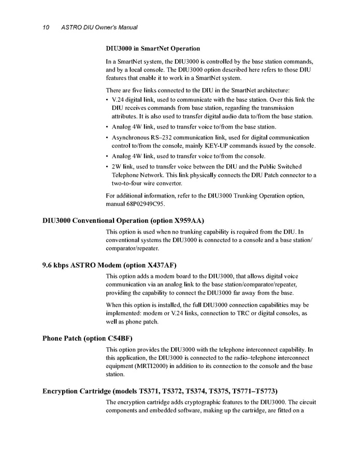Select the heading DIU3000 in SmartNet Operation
(153, 49)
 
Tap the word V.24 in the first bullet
(119, 100)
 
